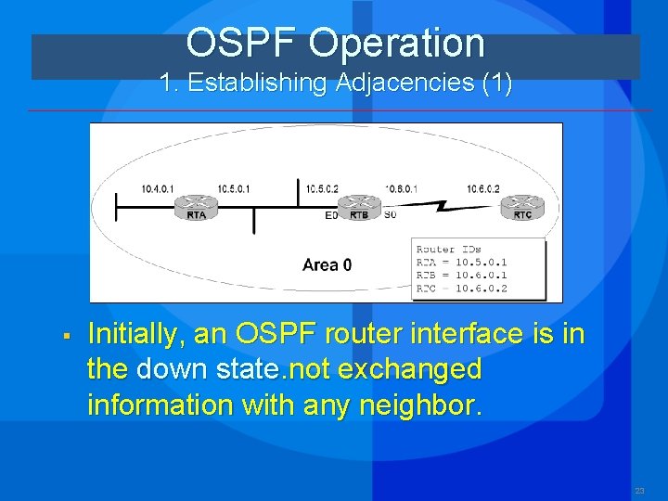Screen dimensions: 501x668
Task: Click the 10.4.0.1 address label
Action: (158, 189)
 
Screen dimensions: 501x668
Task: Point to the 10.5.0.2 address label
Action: (323, 189)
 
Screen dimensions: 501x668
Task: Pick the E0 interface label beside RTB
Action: (331, 216)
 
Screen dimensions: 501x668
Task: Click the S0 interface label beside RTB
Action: (390, 216)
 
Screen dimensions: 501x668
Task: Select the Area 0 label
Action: (327, 265)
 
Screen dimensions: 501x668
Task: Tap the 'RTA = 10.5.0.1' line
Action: (461, 262)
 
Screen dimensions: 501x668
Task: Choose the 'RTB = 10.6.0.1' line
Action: (461, 275)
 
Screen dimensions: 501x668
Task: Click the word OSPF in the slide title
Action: (243, 44)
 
